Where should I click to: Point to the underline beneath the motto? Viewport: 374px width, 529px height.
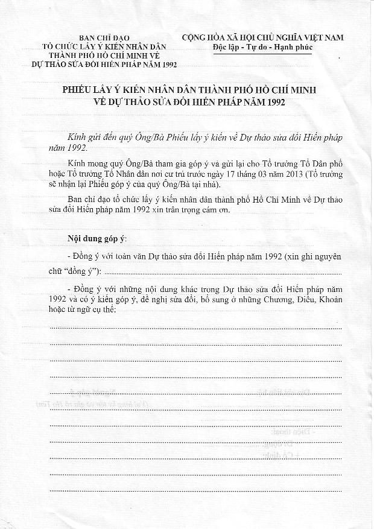pyautogui.click(x=262, y=54)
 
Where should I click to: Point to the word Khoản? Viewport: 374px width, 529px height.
pyautogui.click(x=329, y=299)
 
